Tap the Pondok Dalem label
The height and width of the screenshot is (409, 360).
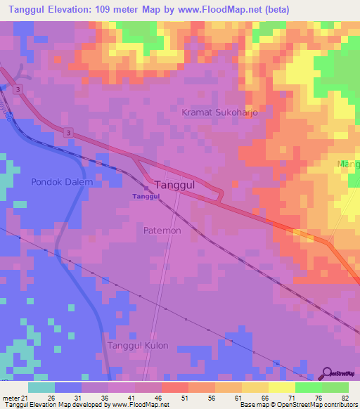tap(62, 182)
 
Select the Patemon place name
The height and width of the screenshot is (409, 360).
tap(162, 231)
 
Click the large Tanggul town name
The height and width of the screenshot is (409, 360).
tap(179, 185)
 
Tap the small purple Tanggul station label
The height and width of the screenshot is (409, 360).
tap(146, 197)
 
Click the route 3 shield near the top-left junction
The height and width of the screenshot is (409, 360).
tap(16, 89)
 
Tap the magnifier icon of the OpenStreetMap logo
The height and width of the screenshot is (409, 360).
tap(328, 372)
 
